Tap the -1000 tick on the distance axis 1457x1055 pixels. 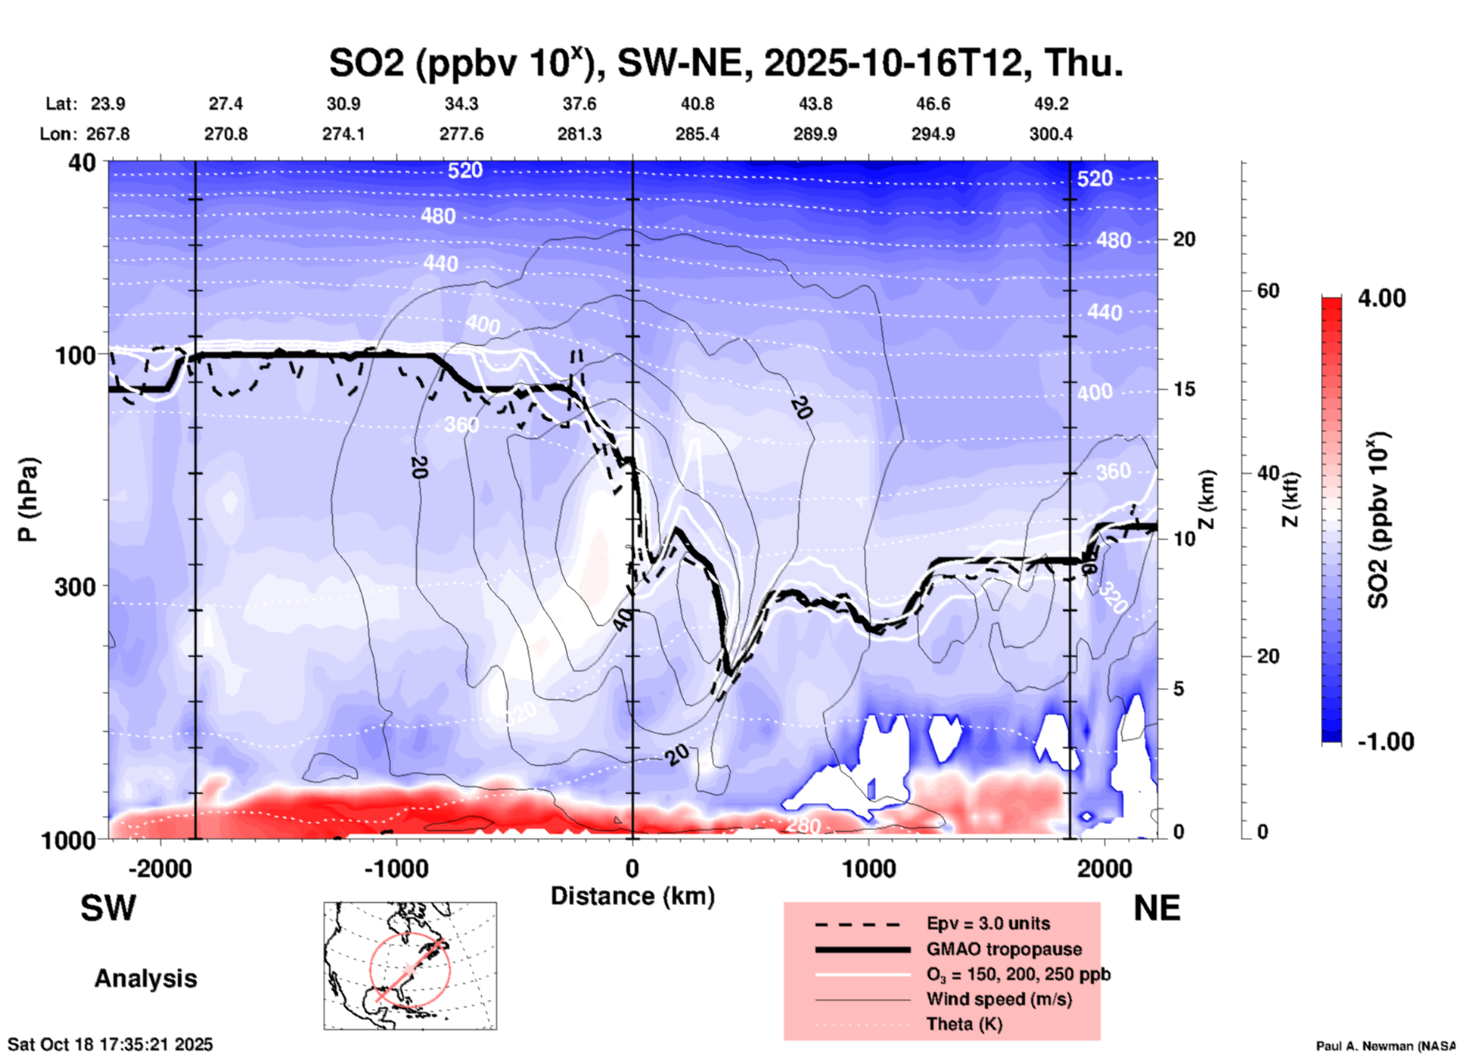(396, 868)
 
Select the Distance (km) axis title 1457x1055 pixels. (632, 896)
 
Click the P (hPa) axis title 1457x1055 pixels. (28, 499)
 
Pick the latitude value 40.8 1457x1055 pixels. (697, 104)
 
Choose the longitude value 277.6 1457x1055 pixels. (461, 134)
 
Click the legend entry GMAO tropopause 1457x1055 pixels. (1004, 949)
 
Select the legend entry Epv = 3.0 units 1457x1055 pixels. (988, 923)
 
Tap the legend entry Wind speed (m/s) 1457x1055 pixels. (999, 999)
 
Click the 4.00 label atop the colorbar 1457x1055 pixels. (1381, 298)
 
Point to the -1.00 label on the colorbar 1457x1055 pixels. (1385, 741)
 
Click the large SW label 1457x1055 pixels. (108, 908)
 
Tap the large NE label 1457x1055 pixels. (1157, 908)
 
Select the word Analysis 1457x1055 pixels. (145, 979)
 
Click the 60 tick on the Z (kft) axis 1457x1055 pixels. (1268, 291)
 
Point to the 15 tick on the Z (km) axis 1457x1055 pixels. (1184, 389)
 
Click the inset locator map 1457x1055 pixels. (410, 966)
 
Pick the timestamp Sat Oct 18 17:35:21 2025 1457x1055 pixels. (110, 1044)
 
